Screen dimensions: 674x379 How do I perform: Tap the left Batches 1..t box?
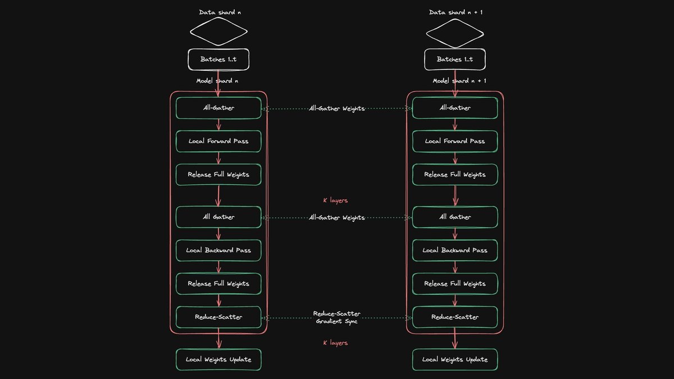(x=218, y=60)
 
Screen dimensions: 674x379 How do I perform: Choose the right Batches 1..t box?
(x=455, y=60)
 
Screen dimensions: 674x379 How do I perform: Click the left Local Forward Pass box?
(x=218, y=141)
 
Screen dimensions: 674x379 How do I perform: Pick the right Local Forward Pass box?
(x=455, y=141)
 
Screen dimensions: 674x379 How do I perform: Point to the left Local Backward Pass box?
(x=218, y=250)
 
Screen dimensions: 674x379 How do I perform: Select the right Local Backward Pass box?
(x=455, y=250)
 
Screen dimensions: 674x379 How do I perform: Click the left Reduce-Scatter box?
(x=218, y=317)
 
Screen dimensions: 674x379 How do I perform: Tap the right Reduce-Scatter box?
(x=455, y=317)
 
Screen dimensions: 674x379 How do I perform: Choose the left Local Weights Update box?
(x=218, y=359)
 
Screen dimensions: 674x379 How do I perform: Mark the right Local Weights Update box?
(x=455, y=359)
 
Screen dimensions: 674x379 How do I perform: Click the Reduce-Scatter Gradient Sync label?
(x=336, y=317)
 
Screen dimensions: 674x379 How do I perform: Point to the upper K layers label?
(x=335, y=200)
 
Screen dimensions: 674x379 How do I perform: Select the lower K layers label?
(x=335, y=343)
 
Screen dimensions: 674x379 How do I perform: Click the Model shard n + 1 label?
(x=459, y=81)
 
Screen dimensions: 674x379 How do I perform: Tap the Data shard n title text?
(x=220, y=12)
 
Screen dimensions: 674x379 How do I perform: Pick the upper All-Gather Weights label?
(x=336, y=108)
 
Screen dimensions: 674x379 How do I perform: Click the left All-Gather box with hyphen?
(x=218, y=108)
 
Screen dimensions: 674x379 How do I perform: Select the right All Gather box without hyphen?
(x=455, y=217)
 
